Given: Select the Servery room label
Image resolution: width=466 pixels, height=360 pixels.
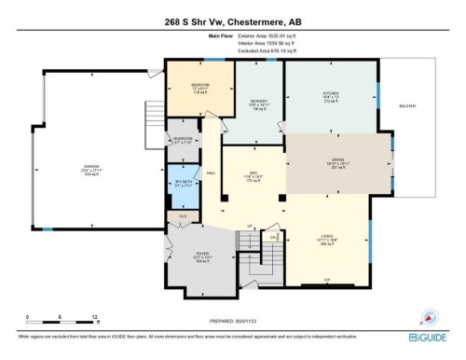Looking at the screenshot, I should click(x=258, y=102).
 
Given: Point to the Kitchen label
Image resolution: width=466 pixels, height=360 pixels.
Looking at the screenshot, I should click(x=331, y=94).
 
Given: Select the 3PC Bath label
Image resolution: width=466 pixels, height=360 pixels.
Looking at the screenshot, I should click(x=182, y=183).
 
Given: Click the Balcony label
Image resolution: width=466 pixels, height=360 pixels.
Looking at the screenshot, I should click(x=408, y=105).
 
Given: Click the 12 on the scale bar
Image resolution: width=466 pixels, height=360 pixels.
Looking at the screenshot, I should click(x=95, y=317).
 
